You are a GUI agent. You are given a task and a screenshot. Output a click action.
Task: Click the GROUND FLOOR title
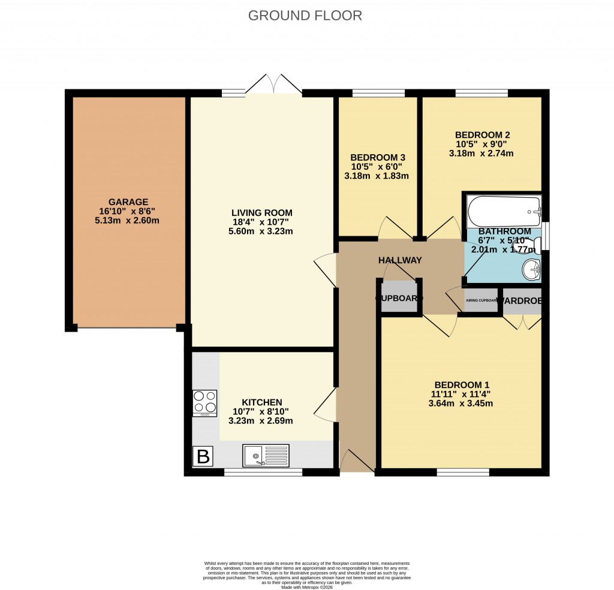305,16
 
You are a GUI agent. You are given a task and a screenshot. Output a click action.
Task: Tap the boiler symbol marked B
203,457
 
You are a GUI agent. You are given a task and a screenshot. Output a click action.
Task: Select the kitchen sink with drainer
266,456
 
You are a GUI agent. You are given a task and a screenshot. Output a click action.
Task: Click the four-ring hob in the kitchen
204,403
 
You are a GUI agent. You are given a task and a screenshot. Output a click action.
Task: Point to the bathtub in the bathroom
504,210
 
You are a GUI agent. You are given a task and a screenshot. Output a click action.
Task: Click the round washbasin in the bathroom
531,270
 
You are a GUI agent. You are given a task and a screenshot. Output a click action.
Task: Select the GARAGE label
128,202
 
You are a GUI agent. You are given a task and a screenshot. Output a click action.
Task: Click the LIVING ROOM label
262,213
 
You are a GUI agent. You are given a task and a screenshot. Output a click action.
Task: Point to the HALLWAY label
400,260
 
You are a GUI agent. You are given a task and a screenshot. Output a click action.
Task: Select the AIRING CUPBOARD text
481,300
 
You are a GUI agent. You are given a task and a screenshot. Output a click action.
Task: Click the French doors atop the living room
273,85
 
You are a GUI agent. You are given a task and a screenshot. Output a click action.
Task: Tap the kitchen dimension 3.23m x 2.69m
261,421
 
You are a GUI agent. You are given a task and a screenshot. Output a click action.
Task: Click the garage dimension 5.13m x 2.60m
128,221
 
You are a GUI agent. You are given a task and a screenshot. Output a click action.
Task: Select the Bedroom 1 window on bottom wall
463,472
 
